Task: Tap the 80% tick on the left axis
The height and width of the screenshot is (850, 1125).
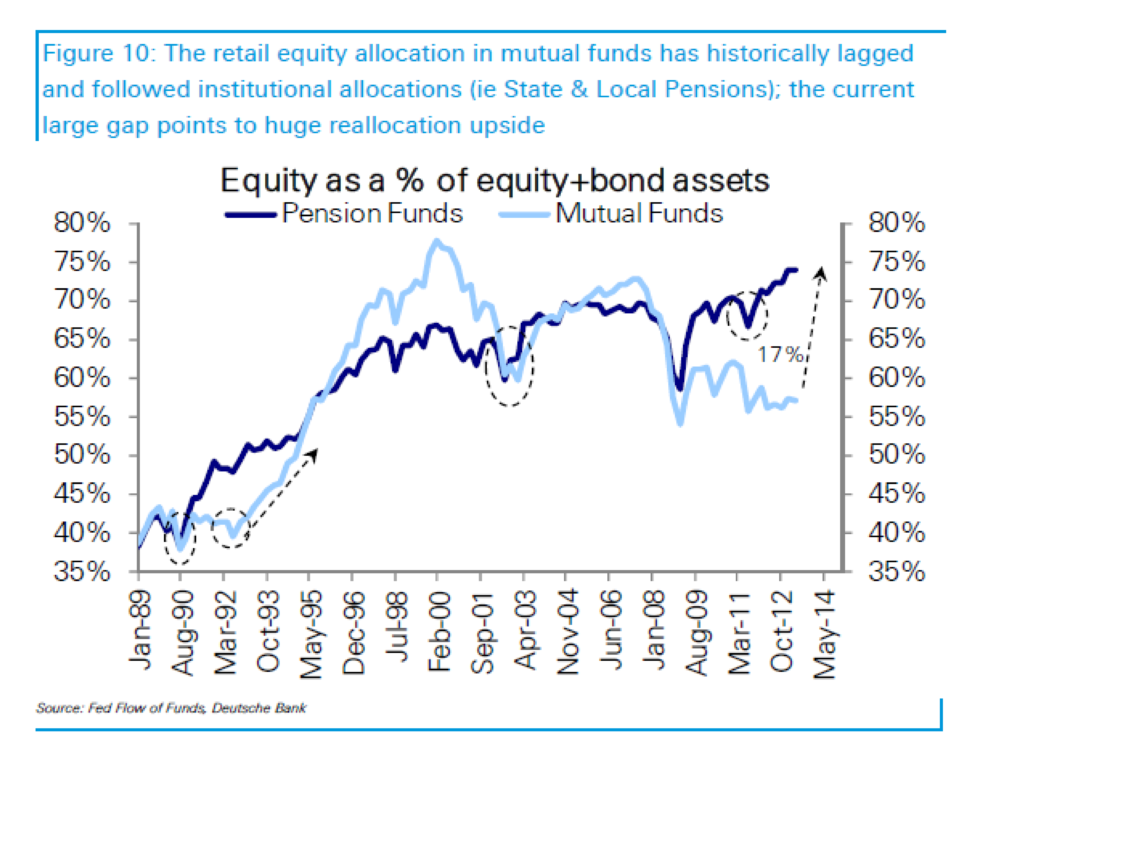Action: (81, 223)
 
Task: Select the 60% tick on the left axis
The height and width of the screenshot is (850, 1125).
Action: (81, 378)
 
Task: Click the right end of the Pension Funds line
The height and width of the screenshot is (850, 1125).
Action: (796, 270)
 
